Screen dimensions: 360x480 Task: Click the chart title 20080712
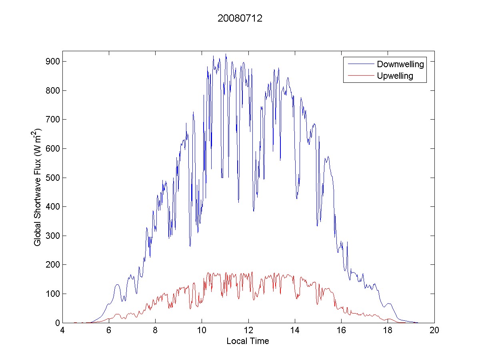tap(240, 18)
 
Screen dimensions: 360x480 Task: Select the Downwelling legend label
tap(400, 64)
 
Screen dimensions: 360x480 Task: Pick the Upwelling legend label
tap(395, 76)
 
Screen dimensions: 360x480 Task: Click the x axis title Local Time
tap(248, 341)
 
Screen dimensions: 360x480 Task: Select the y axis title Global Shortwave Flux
tap(37, 187)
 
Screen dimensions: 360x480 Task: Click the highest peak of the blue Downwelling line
tap(226, 54)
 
